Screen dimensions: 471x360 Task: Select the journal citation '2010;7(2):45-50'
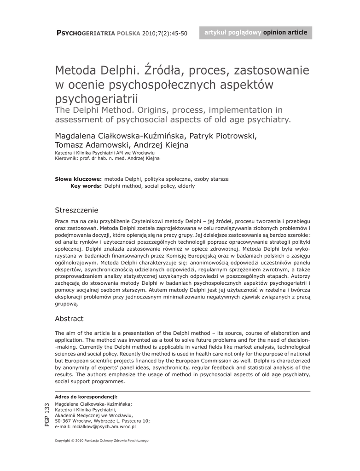tap(165, 34)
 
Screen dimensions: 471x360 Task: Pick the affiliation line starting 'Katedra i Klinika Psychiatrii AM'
tap(105, 152)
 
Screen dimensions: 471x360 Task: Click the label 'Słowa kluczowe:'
tap(78, 179)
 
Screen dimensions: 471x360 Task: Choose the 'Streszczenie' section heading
tap(76, 211)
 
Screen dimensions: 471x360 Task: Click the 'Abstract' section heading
tap(69, 319)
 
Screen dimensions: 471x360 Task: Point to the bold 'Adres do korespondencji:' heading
tap(86, 396)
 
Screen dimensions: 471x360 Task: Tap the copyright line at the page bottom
tap(102, 441)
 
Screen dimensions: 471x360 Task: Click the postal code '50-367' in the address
tap(63, 421)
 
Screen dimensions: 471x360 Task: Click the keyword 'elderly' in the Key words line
tap(186, 186)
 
